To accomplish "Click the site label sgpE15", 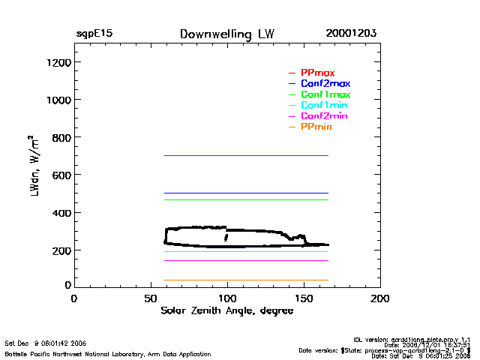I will click(94, 34).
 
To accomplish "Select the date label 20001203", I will click(351, 34).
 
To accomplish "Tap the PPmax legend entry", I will click(317, 73).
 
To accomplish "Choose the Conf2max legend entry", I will click(325, 83).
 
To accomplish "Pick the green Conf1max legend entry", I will click(325, 94).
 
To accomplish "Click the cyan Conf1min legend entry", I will click(323, 105).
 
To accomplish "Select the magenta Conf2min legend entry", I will click(323, 116).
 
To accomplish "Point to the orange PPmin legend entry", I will click(316, 127).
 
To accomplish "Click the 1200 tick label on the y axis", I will click(58, 62).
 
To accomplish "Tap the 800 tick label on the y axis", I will click(61, 137).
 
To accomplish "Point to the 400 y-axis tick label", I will click(61, 213).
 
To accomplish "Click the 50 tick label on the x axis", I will click(150, 298).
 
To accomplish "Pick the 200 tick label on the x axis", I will click(380, 298).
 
